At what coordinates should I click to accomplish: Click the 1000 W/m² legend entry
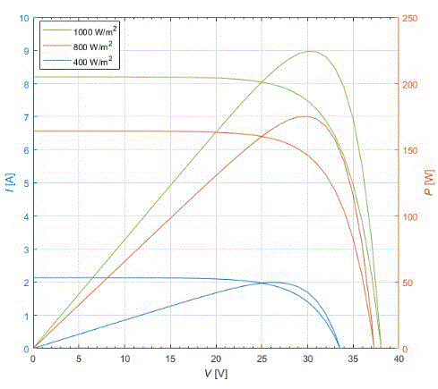click(x=95, y=31)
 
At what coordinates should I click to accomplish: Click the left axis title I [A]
click(x=8, y=183)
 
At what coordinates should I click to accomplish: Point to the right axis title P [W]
click(x=428, y=183)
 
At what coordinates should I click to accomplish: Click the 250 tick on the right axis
click(x=408, y=18)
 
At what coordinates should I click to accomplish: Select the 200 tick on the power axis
click(x=408, y=84)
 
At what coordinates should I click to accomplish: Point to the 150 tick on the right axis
click(x=408, y=150)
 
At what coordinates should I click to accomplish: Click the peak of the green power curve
click(x=311, y=51)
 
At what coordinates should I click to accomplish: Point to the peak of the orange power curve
click(x=305, y=116)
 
